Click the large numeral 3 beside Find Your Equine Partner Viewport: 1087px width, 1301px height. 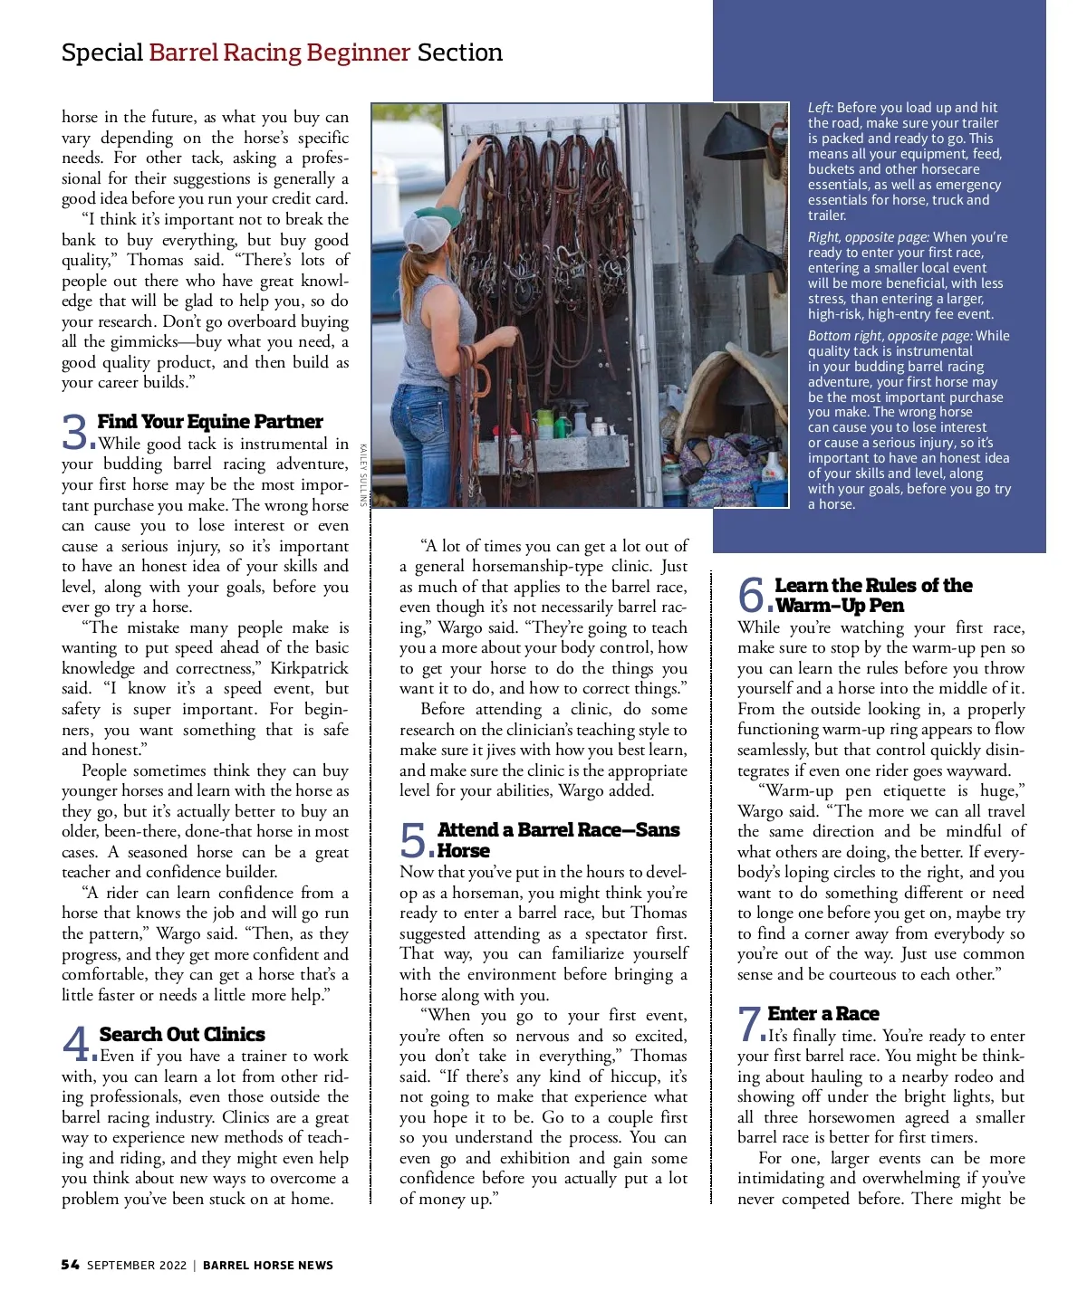[75, 432]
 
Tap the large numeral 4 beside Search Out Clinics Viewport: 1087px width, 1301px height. [77, 1044]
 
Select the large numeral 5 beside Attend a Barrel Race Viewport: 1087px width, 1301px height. [414, 840]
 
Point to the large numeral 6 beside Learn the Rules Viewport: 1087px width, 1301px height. [752, 595]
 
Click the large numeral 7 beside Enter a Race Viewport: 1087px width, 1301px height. [749, 1024]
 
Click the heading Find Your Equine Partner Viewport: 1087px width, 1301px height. [209, 422]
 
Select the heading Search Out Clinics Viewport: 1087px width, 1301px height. [182, 1034]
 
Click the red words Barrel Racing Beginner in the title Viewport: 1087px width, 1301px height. [279, 53]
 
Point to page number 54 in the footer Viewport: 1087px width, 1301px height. [70, 1265]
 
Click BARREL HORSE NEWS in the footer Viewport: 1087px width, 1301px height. [267, 1265]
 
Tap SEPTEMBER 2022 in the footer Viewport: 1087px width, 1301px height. [137, 1265]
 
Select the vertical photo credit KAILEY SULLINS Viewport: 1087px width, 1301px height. [362, 474]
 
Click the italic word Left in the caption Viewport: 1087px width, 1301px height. [820, 108]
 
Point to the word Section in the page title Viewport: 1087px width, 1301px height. [459, 53]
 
